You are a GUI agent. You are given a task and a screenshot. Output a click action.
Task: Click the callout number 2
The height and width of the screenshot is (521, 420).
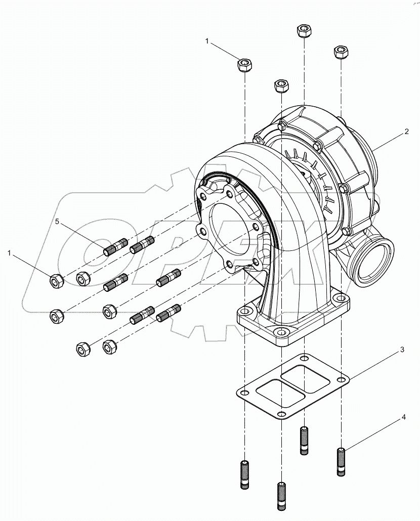point(406,132)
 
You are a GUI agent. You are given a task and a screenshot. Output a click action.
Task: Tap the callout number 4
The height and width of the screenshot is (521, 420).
point(404,417)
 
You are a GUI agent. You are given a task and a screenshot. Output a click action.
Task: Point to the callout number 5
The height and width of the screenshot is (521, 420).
point(58,222)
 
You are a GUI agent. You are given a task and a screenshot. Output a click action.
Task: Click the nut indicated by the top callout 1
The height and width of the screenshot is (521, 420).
point(244,65)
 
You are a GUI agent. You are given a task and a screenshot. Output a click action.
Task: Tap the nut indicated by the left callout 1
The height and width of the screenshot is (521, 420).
point(56,280)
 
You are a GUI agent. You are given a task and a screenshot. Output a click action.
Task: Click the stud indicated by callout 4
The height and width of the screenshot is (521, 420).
point(342,461)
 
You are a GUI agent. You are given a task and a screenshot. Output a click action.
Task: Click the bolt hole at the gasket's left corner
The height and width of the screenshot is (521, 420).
point(245,394)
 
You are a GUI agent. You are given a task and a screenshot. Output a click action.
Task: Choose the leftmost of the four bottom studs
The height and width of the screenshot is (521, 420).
point(245,474)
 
